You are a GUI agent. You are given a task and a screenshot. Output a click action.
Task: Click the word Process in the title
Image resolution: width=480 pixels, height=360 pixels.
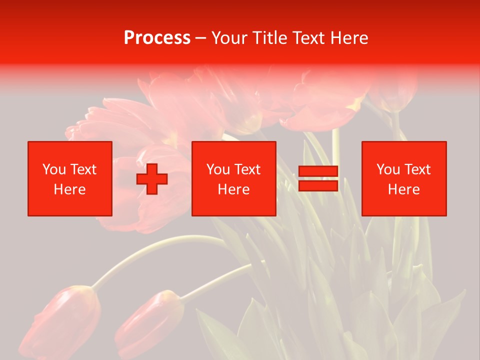pyautogui.click(x=157, y=38)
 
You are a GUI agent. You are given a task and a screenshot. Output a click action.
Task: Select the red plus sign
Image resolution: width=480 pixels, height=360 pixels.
pyautogui.click(x=152, y=179)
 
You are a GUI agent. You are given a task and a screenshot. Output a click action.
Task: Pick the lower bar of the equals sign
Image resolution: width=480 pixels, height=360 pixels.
pyautogui.click(x=318, y=185)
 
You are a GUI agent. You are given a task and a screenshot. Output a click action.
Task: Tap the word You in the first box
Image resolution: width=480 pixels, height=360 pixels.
pyautogui.click(x=54, y=169)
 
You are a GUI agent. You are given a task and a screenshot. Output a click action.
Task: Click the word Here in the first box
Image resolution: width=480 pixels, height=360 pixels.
pyautogui.click(x=69, y=189)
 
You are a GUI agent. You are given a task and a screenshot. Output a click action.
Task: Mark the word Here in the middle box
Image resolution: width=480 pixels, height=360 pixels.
pyautogui.click(x=233, y=189)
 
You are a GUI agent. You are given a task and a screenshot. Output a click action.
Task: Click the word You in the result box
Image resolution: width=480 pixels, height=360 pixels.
pyautogui.click(x=388, y=169)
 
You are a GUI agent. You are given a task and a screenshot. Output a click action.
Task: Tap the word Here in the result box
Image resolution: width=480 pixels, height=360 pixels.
pyautogui.click(x=403, y=189)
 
